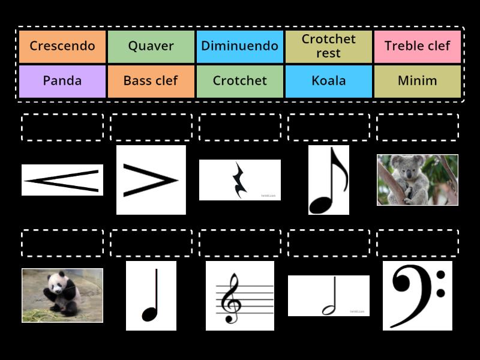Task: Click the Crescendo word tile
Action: click(62, 46)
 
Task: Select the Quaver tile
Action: click(151, 46)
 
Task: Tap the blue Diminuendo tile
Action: click(240, 46)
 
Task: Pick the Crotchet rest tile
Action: click(329, 46)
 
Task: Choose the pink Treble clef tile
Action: click(418, 46)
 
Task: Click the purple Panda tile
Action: click(62, 81)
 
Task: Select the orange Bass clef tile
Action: click(151, 81)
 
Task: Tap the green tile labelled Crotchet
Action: click(240, 81)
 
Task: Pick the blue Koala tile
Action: click(329, 81)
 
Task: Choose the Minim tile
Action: click(418, 81)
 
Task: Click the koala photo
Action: click(418, 179)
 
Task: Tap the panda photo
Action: click(62, 295)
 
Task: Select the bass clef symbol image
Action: click(418, 295)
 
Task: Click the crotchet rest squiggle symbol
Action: click(240, 180)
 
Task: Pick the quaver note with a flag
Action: click(328, 180)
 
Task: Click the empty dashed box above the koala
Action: click(418, 127)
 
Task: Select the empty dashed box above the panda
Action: click(62, 243)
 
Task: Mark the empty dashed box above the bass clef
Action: click(418, 243)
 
